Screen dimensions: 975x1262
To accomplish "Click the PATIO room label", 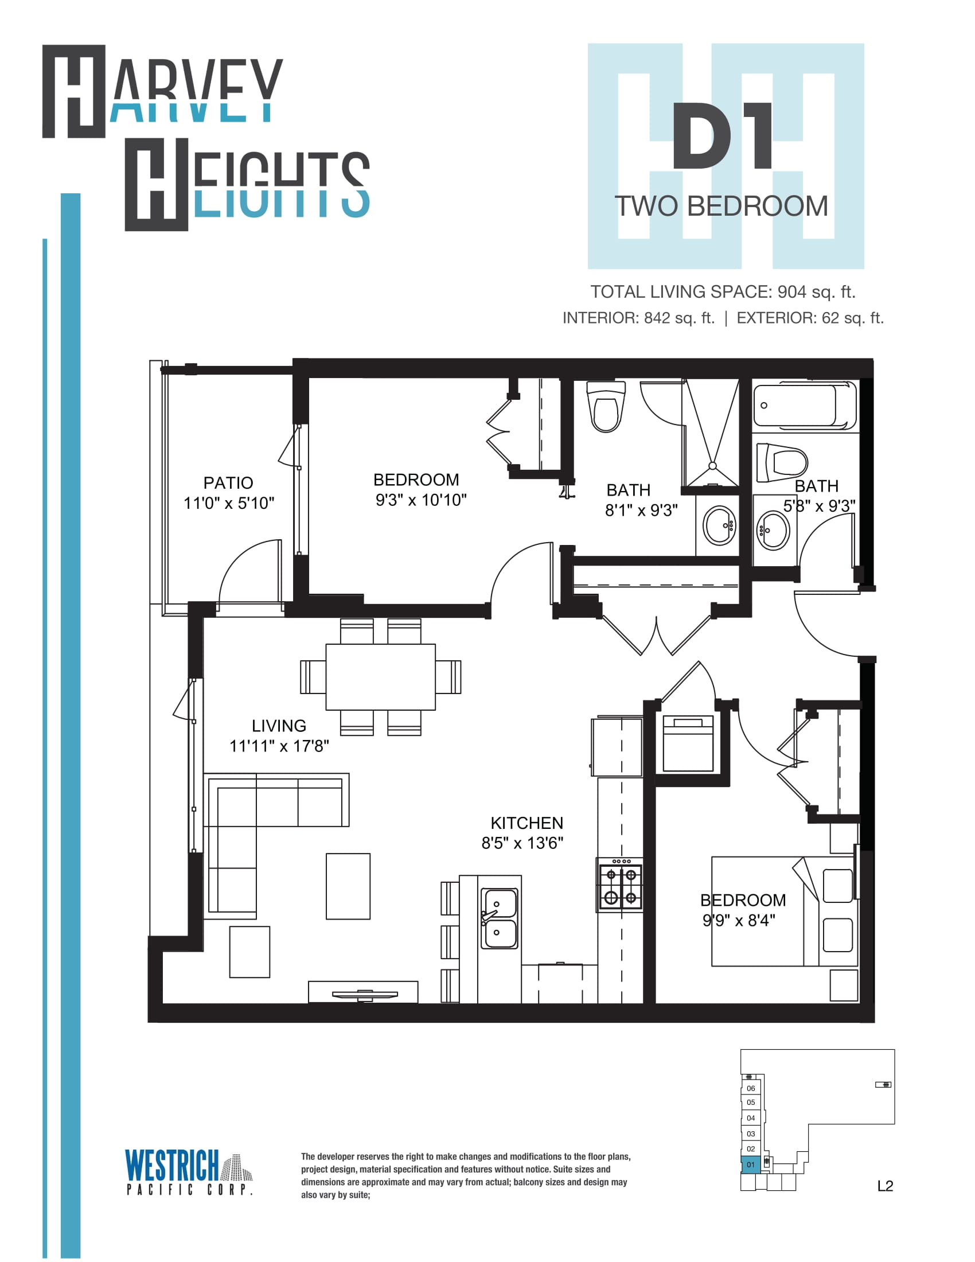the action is [x=228, y=482].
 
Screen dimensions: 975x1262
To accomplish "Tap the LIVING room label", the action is [x=279, y=725].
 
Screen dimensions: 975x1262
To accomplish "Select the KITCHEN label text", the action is [x=526, y=822].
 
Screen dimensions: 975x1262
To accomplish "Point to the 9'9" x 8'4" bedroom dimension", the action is [x=739, y=920].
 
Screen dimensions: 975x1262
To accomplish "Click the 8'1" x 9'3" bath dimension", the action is [x=641, y=510].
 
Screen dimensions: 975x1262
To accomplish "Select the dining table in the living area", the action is [x=381, y=677].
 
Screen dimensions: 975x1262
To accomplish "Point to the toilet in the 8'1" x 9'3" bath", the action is [x=606, y=406].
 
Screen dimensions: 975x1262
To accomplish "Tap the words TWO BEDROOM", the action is [x=721, y=207].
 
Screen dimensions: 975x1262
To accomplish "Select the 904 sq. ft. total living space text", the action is [x=816, y=292].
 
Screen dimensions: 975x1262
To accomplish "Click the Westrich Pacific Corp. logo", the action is [x=189, y=1171].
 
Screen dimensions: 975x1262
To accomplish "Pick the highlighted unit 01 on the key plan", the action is [x=751, y=1164].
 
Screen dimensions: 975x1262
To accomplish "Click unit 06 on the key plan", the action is [x=751, y=1088].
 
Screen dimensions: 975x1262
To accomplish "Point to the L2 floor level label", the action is [x=885, y=1186].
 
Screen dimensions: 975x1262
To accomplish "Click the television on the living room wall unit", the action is [x=364, y=995].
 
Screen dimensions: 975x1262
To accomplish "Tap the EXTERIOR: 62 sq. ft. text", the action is [x=810, y=318].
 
